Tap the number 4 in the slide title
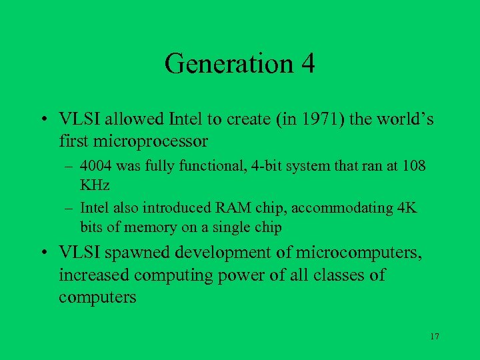[307, 64]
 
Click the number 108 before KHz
[412, 165]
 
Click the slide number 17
[434, 337]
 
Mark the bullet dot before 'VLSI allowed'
[42, 120]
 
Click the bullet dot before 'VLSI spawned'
[42, 253]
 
